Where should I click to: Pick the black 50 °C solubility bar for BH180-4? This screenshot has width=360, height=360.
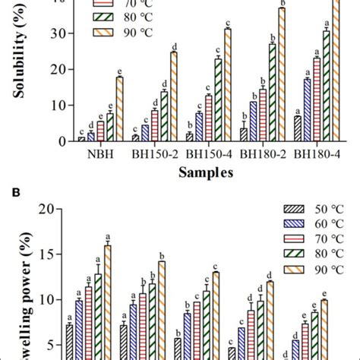tap(297, 128)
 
